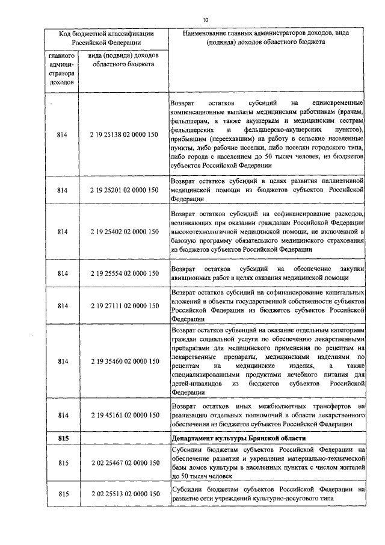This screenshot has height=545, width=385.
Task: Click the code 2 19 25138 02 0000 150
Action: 124,134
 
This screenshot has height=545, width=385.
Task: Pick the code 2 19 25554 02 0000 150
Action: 124,273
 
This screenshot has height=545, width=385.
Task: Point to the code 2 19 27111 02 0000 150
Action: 124,306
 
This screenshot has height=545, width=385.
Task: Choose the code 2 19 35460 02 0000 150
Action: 124,361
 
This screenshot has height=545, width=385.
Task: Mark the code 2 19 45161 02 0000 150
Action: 124,416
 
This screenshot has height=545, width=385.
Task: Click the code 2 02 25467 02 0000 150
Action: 124,462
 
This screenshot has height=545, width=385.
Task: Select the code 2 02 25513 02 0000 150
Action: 124,494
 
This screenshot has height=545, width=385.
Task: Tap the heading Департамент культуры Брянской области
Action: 238,438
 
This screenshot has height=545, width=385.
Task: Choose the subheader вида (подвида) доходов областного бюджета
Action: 123,60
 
